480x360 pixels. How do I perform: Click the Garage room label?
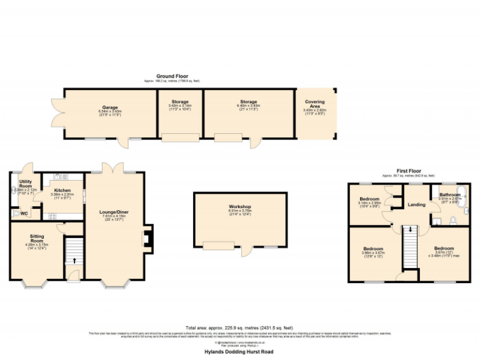click(111, 107)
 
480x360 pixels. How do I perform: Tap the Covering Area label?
click(314, 102)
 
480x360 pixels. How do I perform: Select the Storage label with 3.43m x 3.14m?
click(180, 102)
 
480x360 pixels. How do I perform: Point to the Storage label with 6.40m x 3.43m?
click(248, 102)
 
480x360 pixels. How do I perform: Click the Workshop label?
click(240, 207)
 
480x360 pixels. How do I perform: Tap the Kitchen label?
click(62, 190)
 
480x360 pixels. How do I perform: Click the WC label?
click(24, 213)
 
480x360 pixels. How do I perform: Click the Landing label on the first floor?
click(416, 204)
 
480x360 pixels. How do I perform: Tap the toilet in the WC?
click(15, 213)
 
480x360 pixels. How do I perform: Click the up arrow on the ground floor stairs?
click(74, 260)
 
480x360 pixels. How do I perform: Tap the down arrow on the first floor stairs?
click(410, 230)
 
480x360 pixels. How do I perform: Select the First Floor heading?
click(410, 171)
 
